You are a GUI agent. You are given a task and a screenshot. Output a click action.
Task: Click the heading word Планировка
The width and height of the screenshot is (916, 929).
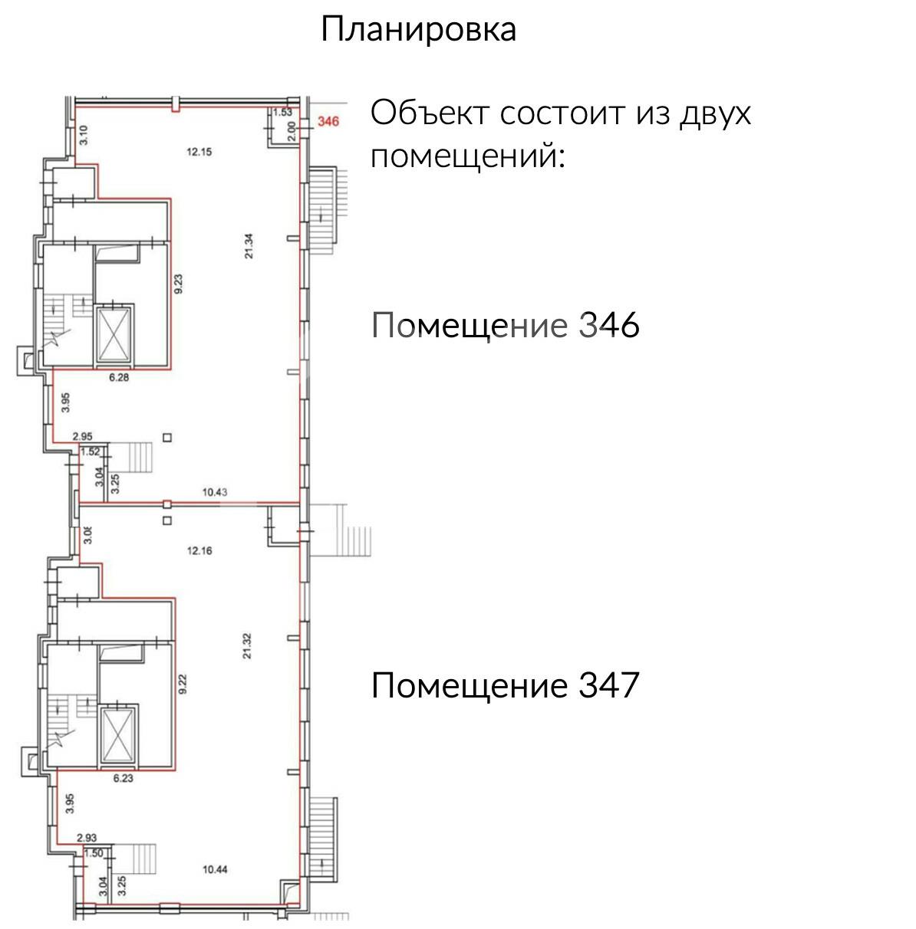point(418,30)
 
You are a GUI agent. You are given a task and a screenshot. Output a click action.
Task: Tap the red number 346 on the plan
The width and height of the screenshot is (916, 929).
point(328,121)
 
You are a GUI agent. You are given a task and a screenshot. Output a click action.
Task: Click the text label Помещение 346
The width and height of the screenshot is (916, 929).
point(505,325)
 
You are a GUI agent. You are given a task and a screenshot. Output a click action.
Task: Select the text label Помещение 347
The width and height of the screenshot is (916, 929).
point(505,684)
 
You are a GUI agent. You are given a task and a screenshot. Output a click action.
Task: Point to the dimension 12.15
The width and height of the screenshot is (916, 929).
point(199,152)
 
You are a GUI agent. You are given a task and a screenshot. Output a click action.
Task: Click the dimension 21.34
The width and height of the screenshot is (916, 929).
point(249,246)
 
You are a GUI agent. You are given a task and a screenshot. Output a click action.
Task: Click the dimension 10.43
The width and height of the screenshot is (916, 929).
point(215,493)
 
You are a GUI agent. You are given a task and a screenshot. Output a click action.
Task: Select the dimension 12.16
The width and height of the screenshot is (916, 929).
point(199,550)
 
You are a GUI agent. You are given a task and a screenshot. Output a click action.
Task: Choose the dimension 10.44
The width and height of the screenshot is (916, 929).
point(215,869)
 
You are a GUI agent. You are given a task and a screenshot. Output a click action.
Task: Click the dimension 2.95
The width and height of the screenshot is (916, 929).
point(82,437)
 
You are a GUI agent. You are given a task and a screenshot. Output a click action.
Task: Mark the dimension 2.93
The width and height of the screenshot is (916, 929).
point(86,839)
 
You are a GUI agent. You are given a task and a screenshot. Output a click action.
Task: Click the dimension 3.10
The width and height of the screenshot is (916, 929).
point(84,135)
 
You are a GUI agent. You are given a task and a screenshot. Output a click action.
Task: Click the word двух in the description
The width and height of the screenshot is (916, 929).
point(715,113)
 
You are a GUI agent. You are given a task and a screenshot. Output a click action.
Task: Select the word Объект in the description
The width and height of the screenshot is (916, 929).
point(430,113)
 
